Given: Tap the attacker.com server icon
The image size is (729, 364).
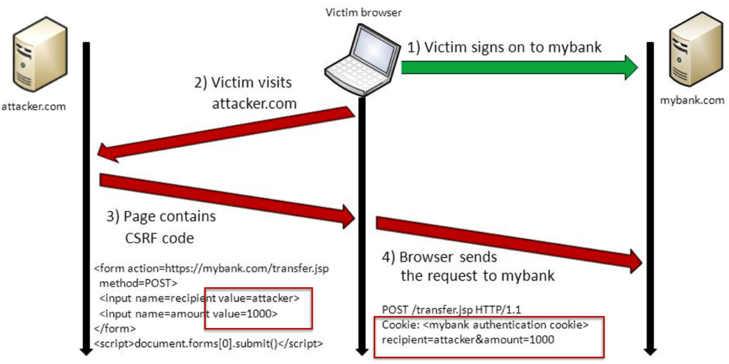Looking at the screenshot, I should click(x=40, y=54).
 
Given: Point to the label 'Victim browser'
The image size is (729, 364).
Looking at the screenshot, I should click(x=363, y=13).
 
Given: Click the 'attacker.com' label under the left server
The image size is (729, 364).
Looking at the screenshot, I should click(x=34, y=106).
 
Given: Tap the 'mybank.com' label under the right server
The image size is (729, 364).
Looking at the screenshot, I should click(x=692, y=100).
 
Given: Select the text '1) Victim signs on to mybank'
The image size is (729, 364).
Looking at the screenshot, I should click(x=504, y=47).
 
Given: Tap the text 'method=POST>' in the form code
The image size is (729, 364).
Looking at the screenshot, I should click(x=138, y=283).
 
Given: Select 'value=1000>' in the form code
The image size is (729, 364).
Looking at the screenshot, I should click(x=245, y=314).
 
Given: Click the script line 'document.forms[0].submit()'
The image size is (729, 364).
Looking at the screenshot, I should click(x=209, y=343).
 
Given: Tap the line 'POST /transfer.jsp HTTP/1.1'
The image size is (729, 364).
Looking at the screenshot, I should click(x=451, y=310).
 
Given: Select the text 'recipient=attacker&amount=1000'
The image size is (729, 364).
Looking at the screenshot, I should click(x=468, y=340).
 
